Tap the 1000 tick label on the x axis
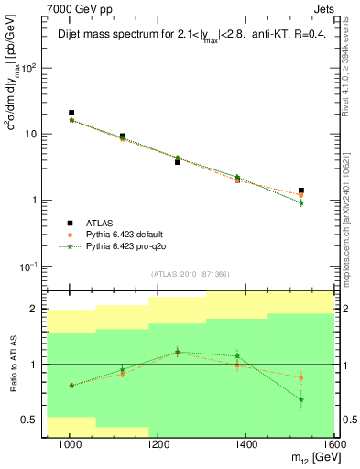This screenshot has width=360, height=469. tap(70, 443)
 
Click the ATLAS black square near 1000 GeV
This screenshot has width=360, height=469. tap(71, 113)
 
